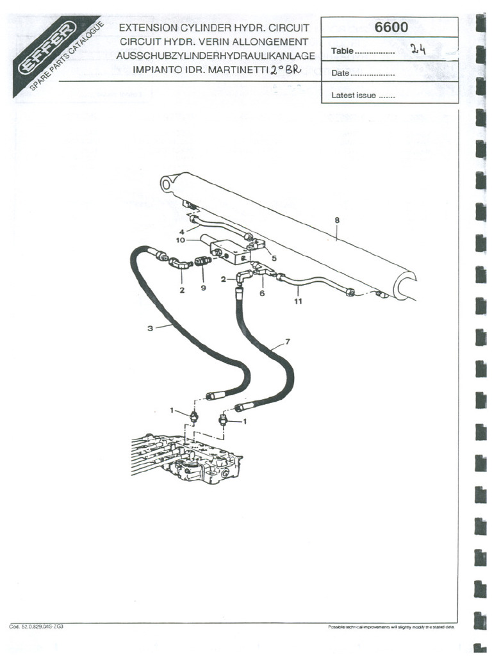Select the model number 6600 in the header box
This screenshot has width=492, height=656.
(391, 28)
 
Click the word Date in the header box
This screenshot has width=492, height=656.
(340, 74)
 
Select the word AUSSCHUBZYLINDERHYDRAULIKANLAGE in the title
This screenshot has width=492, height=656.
(215, 55)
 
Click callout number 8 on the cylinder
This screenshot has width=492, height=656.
(337, 220)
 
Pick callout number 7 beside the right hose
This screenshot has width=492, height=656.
(287, 341)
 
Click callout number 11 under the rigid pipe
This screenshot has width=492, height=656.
(298, 301)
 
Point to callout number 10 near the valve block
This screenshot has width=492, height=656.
(181, 240)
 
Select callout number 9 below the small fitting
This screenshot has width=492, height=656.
(203, 288)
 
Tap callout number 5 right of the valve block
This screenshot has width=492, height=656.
(274, 258)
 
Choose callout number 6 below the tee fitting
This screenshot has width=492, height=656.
(262, 293)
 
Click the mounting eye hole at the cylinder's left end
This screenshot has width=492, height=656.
(168, 184)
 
